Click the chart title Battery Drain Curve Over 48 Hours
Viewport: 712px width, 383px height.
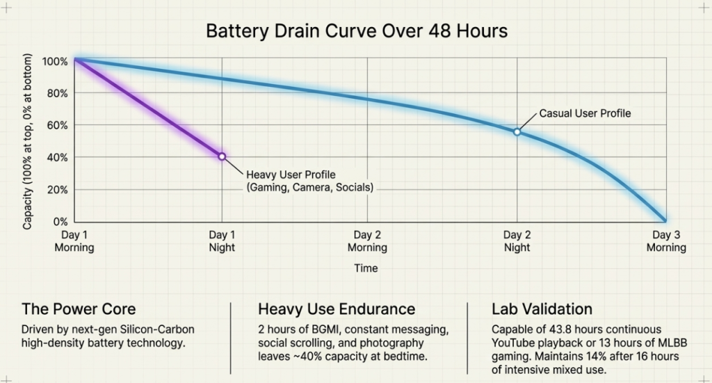tap(356, 31)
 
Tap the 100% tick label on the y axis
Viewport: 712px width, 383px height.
tap(55, 61)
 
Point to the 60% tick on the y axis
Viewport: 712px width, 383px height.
tap(56, 125)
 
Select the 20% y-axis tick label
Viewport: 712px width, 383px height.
tap(56, 190)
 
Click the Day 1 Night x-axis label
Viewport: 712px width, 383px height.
tap(222, 241)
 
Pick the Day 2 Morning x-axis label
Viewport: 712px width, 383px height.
tap(367, 241)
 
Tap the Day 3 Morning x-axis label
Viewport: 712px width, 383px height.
tap(666, 241)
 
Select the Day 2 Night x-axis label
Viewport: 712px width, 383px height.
tap(517, 241)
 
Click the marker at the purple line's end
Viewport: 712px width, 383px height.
tap(222, 156)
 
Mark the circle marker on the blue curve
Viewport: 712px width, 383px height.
tap(517, 131)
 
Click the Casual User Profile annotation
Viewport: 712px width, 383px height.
tap(585, 113)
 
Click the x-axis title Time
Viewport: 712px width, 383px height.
tap(366, 268)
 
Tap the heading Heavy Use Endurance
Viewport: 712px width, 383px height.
tap(337, 309)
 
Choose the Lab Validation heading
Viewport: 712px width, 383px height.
tap(542, 309)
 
